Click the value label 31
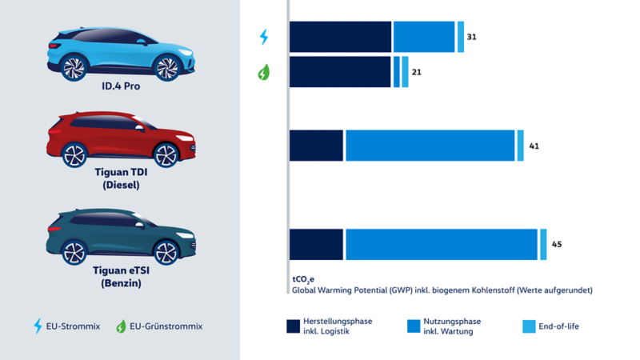472,38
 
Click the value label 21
416,72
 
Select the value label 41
534,146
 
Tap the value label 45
557,244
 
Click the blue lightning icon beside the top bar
264,37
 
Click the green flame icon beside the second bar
264,72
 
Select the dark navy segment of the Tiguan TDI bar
316,146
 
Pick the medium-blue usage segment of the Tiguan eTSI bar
441,244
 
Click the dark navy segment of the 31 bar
340,38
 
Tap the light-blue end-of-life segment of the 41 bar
520,146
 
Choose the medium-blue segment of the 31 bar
424,38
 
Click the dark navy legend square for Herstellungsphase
294,326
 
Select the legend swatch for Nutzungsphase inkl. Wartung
413,326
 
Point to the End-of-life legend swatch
529,326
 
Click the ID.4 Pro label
120,86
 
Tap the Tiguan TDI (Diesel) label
122,178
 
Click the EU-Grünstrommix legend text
165,326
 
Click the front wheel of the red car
166,154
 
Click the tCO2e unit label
304,279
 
